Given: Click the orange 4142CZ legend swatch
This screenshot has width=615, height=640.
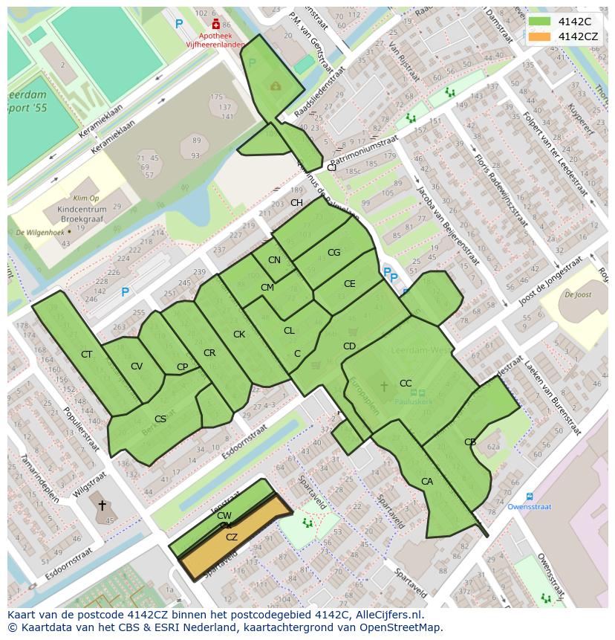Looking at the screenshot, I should [x=540, y=36].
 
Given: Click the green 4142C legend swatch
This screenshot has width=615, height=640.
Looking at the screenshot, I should [x=540, y=22].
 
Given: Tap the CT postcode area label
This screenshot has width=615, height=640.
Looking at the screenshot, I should [x=87, y=355].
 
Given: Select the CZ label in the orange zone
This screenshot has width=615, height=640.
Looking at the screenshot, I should [x=232, y=537].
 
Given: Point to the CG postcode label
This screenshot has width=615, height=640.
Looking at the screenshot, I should [x=333, y=253].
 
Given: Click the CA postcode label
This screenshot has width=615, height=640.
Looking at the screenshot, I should [x=427, y=482].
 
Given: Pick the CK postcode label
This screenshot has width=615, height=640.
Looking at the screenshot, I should [x=239, y=334].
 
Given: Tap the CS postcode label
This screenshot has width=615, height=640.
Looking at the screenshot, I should [x=160, y=419].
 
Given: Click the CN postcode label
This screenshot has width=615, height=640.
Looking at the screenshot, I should [x=275, y=260].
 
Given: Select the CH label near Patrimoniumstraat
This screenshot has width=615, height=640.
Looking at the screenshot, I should [x=296, y=203].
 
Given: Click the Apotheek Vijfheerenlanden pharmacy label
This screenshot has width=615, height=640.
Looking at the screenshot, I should [x=215, y=39].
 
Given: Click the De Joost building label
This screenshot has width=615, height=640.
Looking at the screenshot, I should [x=577, y=295].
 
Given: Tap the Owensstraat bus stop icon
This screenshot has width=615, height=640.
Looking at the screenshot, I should [x=529, y=496].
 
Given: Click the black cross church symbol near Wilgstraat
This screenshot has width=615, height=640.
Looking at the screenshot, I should [x=102, y=505].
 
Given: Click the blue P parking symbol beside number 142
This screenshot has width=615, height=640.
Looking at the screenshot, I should [x=125, y=292].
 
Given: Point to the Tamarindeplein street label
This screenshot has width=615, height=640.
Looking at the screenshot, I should [x=41, y=479].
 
